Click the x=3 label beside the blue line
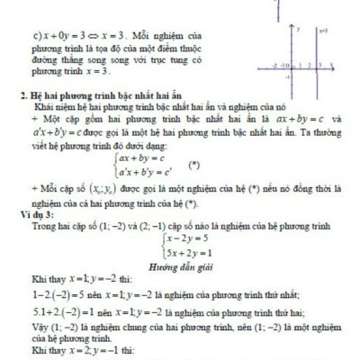pyautogui.click(x=321, y=31)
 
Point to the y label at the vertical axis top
pyautogui.click(x=298, y=31)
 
